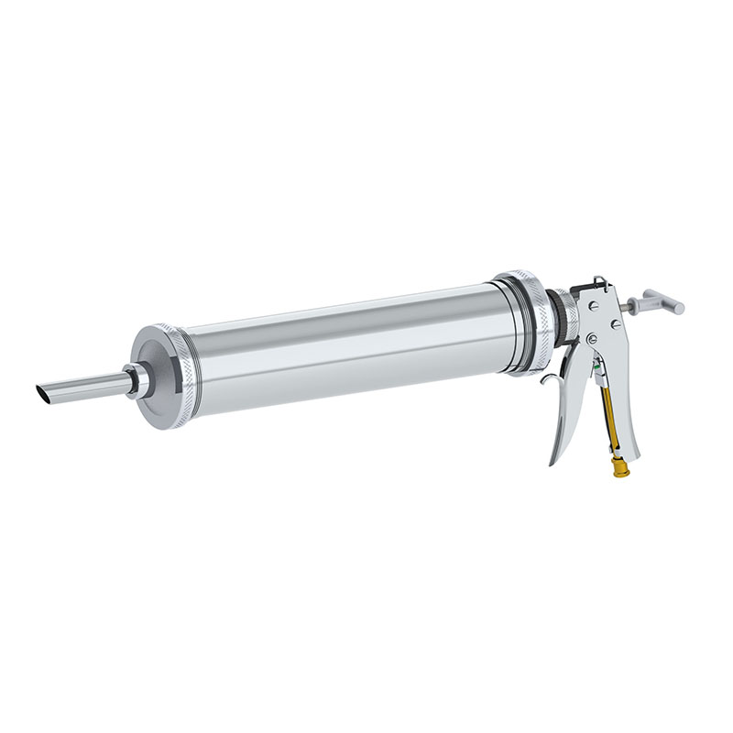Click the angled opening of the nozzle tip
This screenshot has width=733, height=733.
[x=43, y=393]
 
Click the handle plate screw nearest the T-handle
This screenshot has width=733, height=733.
[x=616, y=323]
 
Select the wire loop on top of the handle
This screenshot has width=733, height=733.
[x=600, y=281]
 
